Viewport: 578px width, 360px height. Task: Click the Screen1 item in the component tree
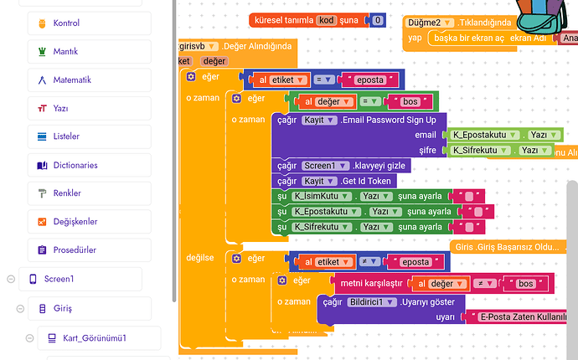pos(59,279)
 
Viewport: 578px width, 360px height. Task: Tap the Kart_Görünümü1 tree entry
pos(92,338)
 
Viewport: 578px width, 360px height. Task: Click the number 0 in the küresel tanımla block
pos(379,20)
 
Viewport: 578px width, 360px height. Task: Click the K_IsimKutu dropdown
pos(321,196)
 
